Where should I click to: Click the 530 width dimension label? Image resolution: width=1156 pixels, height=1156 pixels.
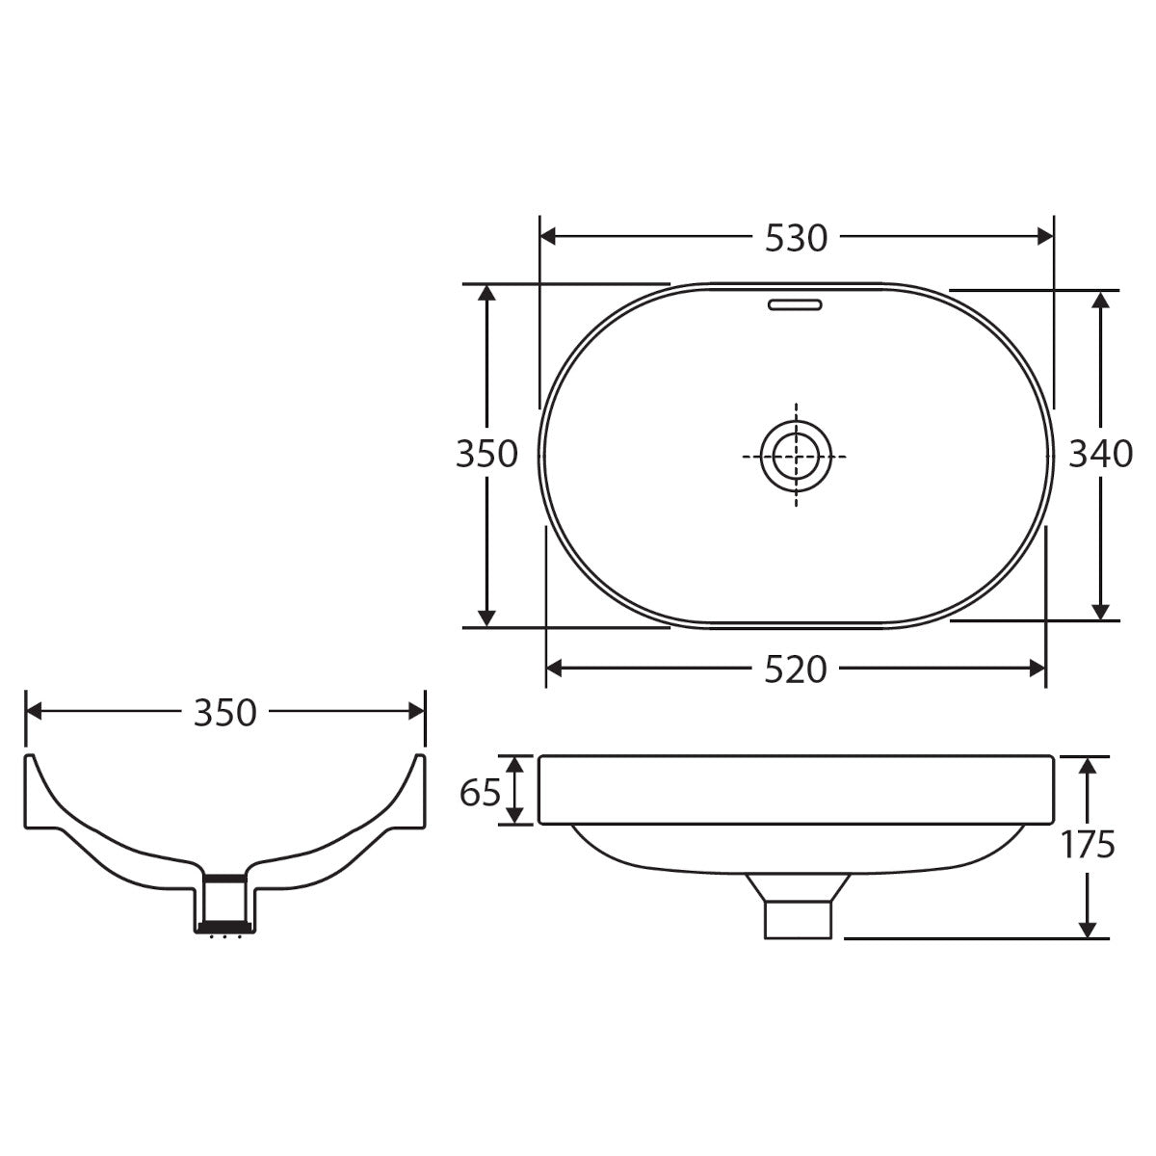coord(796,238)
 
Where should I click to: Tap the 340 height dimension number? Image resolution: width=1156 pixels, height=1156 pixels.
coord(1101,454)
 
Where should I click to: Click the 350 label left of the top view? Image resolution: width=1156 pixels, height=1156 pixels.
coord(487,454)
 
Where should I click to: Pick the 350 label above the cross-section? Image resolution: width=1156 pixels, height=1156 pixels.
coord(225,713)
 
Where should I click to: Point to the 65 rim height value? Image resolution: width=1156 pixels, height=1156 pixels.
coord(480,792)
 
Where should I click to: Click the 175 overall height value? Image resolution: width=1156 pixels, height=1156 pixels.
coord(1089,845)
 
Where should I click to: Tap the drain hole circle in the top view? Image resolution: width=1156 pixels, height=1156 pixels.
coord(796,455)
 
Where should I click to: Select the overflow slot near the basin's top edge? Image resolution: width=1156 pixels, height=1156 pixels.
coord(796,304)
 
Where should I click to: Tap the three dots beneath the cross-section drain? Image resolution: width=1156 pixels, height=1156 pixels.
coord(225,936)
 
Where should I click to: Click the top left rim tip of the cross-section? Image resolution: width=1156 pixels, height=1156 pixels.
coord(29,757)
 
